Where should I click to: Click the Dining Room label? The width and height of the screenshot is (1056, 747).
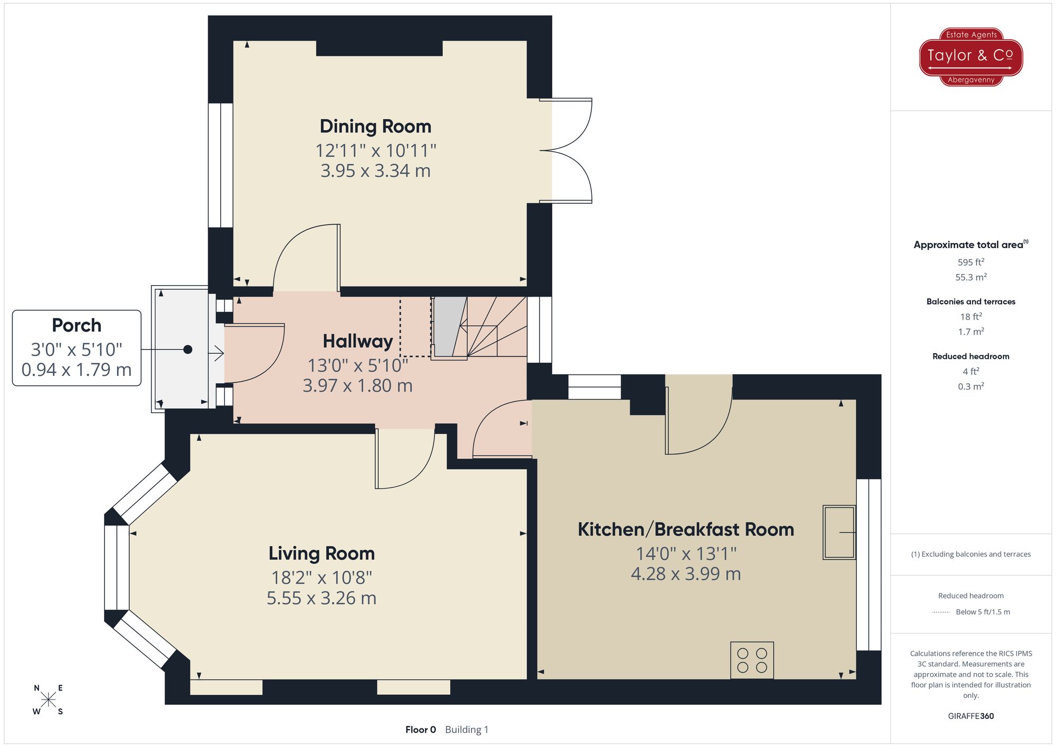coord(375,127)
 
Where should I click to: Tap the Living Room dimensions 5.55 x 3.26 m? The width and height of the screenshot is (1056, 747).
coord(321,598)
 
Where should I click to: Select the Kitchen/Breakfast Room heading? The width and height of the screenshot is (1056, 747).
coord(685,529)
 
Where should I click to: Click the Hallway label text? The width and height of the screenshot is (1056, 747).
coord(357,342)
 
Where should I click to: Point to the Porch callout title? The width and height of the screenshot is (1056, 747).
coord(77,326)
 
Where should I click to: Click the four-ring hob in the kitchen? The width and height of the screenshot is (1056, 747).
coord(752,660)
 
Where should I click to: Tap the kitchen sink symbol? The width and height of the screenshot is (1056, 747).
coord(839,532)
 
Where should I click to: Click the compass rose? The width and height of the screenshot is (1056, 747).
coord(48,700)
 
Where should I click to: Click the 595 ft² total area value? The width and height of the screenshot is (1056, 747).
coord(970,262)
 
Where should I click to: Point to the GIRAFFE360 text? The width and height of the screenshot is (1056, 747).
coord(970,716)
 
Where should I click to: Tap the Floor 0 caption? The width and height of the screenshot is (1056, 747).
coord(420,730)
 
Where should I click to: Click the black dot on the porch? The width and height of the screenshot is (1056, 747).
coord(187,349)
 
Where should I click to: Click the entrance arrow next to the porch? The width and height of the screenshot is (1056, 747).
coord(216,353)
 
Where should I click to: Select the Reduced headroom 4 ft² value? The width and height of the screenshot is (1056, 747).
coord(970,371)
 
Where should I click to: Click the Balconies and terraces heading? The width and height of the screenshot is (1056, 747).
coord(970,301)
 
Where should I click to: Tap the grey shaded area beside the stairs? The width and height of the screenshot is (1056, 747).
coord(449,326)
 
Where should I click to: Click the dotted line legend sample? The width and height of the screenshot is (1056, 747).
coord(941,612)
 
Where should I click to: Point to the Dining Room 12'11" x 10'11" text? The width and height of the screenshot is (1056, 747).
coord(375,151)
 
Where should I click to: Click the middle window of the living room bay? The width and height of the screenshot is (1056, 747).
coord(117,568)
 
